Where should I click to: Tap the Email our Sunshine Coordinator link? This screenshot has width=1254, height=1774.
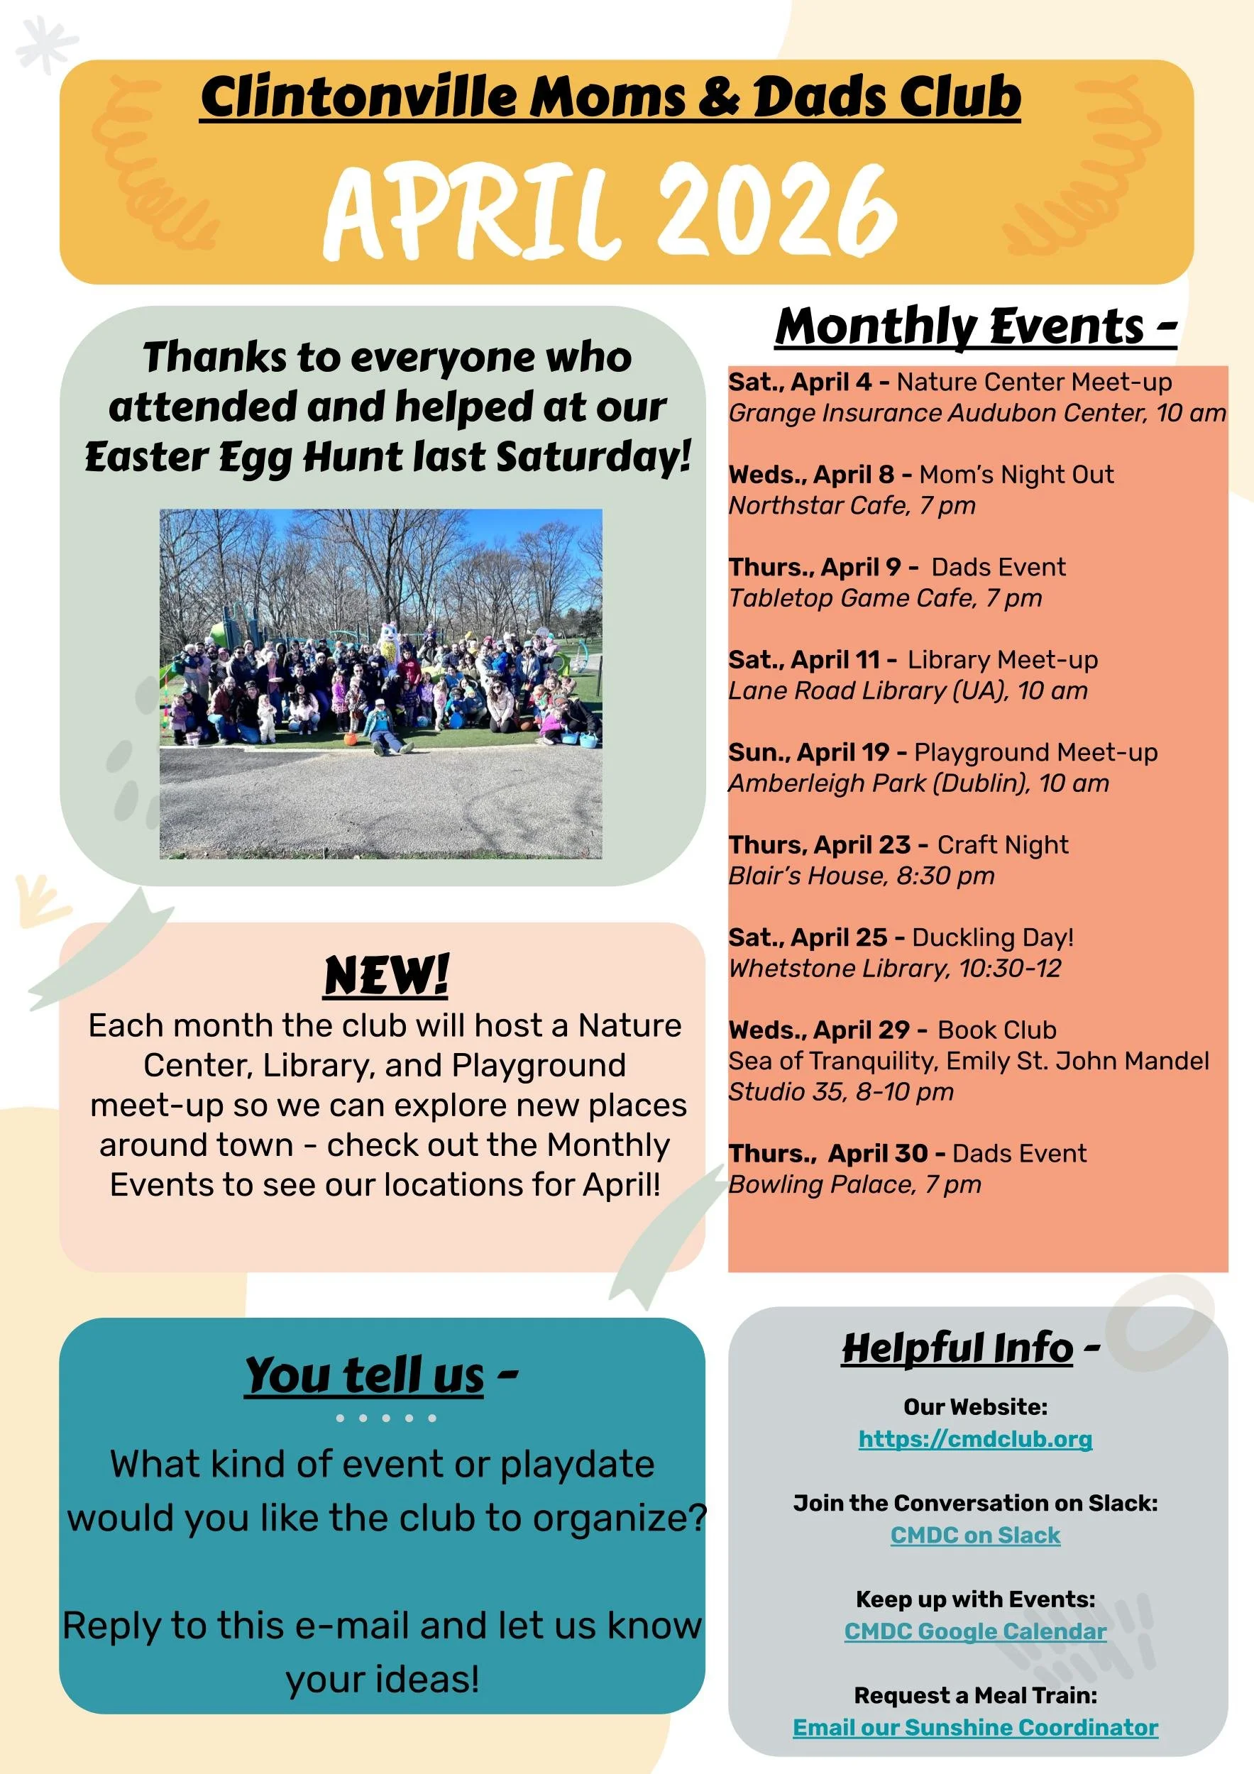click(975, 1727)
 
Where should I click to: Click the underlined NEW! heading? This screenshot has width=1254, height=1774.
click(386, 975)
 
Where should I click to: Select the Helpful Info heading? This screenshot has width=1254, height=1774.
click(958, 1348)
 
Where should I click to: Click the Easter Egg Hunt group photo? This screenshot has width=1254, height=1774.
click(381, 684)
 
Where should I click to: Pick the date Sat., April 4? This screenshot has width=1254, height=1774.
click(800, 382)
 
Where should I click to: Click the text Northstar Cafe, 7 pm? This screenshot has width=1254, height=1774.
click(852, 505)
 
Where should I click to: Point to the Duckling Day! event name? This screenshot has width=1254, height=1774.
click(993, 937)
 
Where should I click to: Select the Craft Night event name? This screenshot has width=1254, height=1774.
click(1003, 844)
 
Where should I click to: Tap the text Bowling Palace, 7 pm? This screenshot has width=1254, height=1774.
click(854, 1184)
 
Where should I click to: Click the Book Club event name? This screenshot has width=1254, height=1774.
click(996, 1030)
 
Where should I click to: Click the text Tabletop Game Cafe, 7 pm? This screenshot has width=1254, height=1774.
click(886, 598)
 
